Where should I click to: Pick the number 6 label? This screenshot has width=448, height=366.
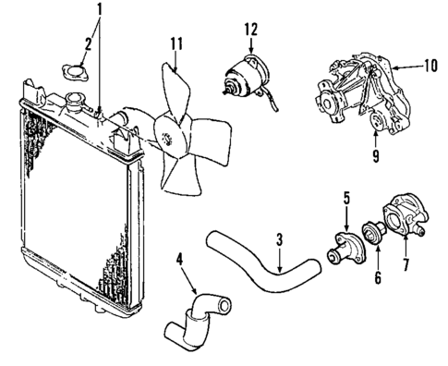point(377,276)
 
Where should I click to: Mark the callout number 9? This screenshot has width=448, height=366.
point(375,155)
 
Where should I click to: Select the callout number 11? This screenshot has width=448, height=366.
point(176,43)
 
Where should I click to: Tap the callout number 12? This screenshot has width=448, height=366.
point(250,30)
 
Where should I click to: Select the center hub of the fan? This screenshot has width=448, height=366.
point(168,138)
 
